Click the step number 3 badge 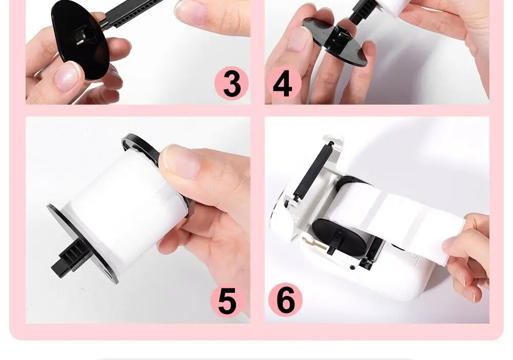coord(232,84)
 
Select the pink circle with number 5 coord(227,301)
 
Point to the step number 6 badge coord(285,300)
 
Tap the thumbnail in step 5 coord(182,161)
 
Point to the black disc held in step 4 coord(336,41)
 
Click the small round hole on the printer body coord(352,268)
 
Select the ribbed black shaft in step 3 coord(131,14)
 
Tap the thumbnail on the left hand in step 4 coord(299,38)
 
